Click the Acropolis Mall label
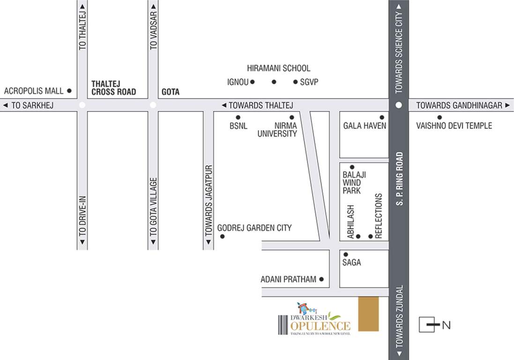click(33, 91)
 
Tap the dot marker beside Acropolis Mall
click(69, 90)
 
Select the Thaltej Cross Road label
click(113, 88)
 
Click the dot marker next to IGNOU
click(252, 82)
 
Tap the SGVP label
click(310, 82)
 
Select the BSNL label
click(238, 126)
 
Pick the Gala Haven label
click(365, 126)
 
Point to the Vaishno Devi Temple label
click(454, 126)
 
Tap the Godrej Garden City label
click(254, 228)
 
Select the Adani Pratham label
click(288, 279)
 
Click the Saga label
click(351, 262)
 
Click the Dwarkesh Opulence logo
click(314, 320)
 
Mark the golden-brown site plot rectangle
click(368, 314)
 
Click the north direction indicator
click(434, 325)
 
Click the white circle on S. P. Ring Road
click(399, 105)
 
